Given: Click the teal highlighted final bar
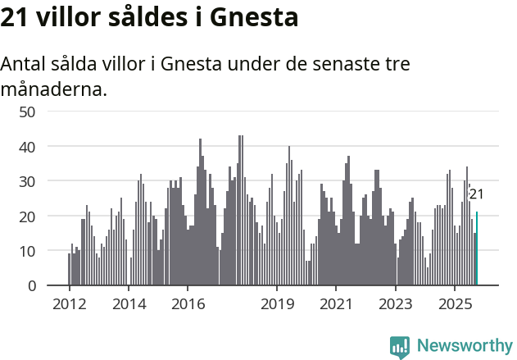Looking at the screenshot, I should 477,249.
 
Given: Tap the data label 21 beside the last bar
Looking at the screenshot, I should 476,194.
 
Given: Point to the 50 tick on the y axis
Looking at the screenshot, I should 27,112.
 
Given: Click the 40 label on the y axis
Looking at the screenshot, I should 27,147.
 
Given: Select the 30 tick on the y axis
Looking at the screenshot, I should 27,181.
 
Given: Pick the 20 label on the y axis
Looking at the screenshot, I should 27,216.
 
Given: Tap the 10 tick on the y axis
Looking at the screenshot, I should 27,251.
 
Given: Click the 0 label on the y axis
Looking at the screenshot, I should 32,286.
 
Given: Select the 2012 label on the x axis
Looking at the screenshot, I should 69,304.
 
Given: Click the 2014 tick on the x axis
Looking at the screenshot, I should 129,304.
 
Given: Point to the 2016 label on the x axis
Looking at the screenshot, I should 188,304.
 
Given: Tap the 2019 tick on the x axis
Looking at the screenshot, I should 277,304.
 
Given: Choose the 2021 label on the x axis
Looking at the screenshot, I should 336,304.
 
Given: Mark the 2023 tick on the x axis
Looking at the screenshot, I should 396,304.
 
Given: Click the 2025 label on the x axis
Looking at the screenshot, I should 455,304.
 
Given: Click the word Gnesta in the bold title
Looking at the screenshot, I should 255,18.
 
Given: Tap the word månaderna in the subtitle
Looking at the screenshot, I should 54,89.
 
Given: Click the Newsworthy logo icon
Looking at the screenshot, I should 400,347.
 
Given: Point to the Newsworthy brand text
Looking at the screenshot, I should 464,346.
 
